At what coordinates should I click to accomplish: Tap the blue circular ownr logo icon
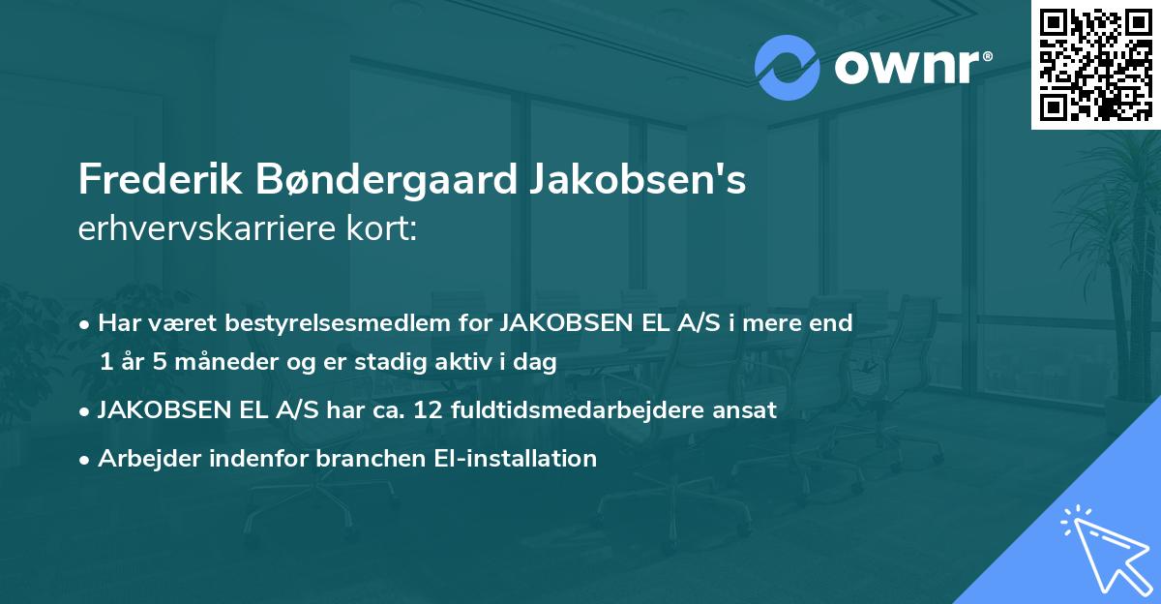click(788, 68)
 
